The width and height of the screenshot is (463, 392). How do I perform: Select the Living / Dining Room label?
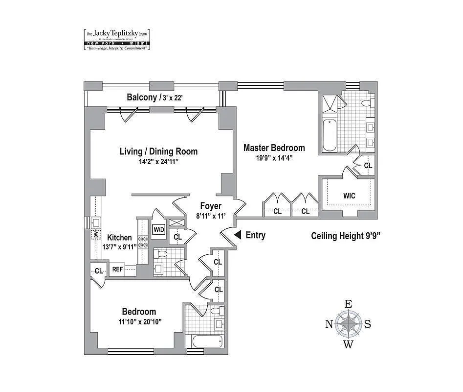click(x=158, y=151)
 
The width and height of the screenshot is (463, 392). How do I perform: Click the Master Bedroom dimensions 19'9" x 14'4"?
click(x=274, y=158)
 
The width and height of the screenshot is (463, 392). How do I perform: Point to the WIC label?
click(x=349, y=196)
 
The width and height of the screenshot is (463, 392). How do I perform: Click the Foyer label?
click(x=210, y=206)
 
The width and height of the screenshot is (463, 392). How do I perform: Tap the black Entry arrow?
click(x=237, y=235)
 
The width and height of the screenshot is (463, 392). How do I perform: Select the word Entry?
click(x=255, y=235)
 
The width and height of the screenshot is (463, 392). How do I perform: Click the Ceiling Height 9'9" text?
click(x=346, y=236)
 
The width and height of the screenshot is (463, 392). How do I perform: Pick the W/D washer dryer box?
click(x=158, y=229)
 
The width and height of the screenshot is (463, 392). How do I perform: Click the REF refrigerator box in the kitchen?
click(x=117, y=269)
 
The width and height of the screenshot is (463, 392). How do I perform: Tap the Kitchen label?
click(x=119, y=238)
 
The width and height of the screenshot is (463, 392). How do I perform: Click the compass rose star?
click(x=348, y=323)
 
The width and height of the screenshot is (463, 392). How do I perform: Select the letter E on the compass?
click(x=348, y=304)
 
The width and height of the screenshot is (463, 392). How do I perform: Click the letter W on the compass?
click(x=348, y=344)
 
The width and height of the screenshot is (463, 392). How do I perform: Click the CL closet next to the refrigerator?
click(x=98, y=271)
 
